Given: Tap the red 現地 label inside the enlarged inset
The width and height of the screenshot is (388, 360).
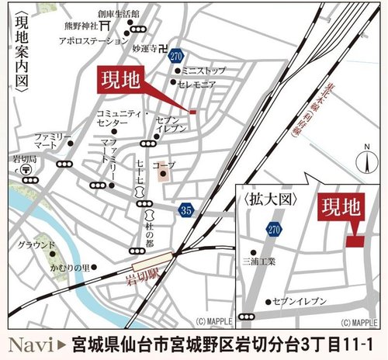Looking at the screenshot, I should coord(341,208).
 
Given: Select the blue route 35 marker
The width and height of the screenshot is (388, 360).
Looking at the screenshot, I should coord(184,209).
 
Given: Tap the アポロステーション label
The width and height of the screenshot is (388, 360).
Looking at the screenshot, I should coord(92,38).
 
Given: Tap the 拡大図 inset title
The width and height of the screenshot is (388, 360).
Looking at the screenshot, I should coord(272,199).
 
